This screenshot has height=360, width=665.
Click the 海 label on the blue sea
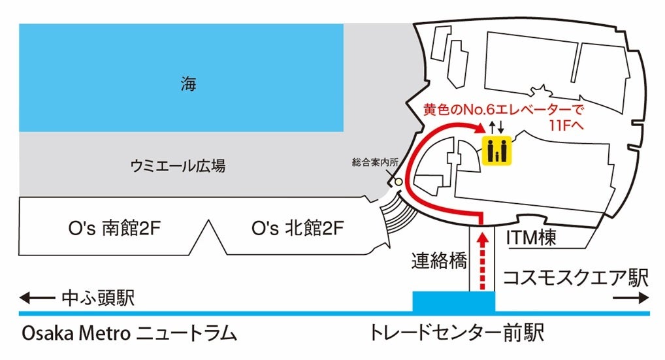click(189, 84)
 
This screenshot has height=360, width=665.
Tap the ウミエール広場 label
click(178, 167)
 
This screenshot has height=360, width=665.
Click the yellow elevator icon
click(498, 150)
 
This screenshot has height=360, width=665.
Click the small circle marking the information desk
click(397, 182)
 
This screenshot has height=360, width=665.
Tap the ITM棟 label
click(531, 239)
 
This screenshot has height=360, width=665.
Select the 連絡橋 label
click(439, 261)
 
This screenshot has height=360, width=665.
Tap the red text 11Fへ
click(566, 124)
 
